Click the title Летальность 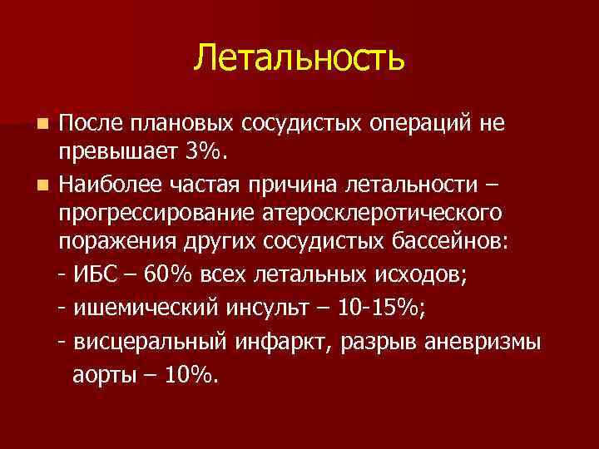tap(299, 57)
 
